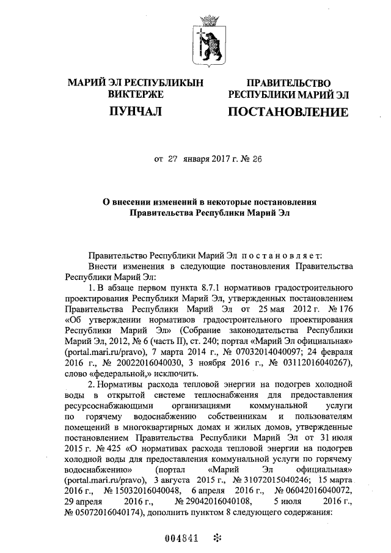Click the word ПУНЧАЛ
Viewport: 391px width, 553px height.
pyautogui.click(x=136, y=112)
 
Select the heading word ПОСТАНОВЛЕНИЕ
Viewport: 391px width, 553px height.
pyautogui.click(x=288, y=112)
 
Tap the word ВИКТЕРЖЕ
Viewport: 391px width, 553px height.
pyautogui.click(x=136, y=95)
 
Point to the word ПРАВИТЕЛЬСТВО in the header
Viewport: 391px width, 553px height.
pyautogui.click(x=288, y=83)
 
